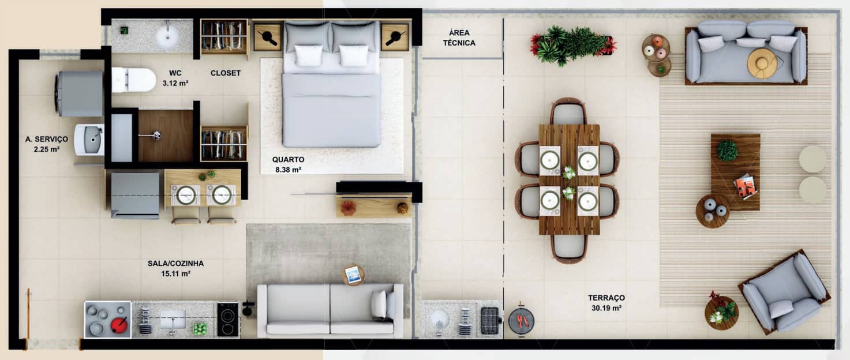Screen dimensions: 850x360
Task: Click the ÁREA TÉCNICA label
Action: [459, 38]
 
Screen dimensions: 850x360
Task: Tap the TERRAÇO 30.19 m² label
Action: [606, 303]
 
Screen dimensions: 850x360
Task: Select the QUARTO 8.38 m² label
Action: [288, 164]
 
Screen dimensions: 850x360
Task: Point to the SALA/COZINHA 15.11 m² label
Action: [175, 268]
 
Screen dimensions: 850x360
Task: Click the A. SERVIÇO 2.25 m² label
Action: [47, 144]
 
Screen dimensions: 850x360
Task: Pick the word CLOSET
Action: [226, 73]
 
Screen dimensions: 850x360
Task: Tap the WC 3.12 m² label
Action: [175, 78]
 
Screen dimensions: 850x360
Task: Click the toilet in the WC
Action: [133, 80]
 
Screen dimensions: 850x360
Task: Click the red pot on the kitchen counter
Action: [119, 324]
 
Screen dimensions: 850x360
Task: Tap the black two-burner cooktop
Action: [228, 320]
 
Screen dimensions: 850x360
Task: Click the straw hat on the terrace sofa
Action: [762, 63]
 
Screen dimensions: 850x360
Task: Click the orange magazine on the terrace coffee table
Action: [746, 186]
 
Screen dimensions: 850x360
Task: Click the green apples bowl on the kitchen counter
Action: [200, 328]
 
